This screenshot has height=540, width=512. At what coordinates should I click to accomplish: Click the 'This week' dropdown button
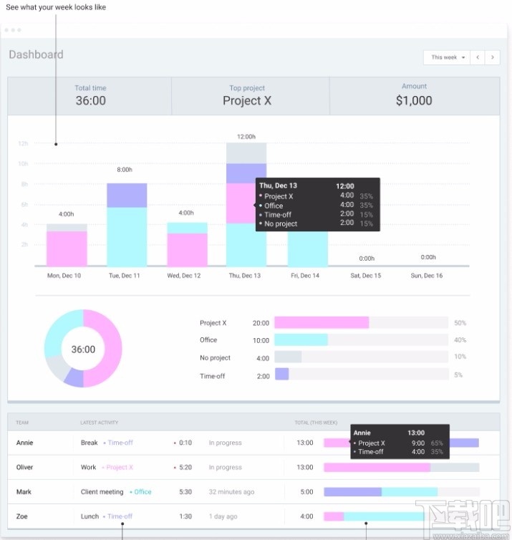coord(447,57)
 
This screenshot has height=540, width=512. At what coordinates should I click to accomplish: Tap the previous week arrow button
coord(478,57)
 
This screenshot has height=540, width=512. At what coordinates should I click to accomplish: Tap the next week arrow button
coord(492,57)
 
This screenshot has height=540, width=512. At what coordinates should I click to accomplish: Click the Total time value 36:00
coord(90,101)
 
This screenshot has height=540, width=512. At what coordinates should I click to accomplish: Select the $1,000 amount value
coord(414,101)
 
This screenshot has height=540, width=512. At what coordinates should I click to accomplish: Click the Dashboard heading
coord(36,54)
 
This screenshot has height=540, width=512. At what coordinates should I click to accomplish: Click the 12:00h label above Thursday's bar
coord(246,136)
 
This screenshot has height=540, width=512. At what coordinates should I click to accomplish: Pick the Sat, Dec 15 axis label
coord(366,276)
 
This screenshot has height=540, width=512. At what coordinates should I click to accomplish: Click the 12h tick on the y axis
coord(23,144)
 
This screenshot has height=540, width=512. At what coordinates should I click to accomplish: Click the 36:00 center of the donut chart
coord(83,349)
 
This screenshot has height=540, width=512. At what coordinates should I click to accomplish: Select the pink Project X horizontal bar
coord(322,323)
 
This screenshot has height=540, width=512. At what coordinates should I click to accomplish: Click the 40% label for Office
coord(460,340)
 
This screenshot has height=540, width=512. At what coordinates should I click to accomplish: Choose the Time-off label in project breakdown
coord(213,376)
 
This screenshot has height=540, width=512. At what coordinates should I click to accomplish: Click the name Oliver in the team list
coord(25,468)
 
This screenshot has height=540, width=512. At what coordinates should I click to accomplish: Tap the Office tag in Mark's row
coord(143,492)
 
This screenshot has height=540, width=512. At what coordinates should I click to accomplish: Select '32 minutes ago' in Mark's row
coord(231,492)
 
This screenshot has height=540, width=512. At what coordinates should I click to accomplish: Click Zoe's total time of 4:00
coord(306,516)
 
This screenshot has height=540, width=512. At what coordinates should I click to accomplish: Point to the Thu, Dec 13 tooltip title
coord(278,185)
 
